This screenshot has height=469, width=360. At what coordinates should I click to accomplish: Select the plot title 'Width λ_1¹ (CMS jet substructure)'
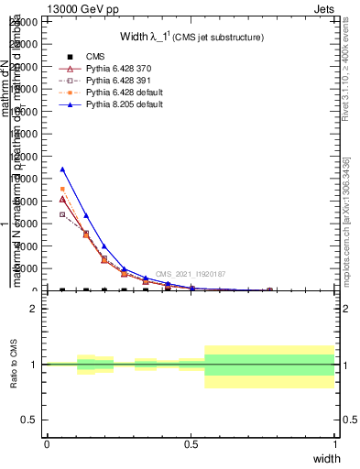pyautogui.click(x=192, y=38)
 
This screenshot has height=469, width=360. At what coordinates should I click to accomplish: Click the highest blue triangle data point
pyautogui.click(x=62, y=169)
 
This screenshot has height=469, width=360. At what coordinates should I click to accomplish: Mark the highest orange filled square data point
pyautogui.click(x=62, y=189)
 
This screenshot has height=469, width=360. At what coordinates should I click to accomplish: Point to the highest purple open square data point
pyautogui.click(x=62, y=214)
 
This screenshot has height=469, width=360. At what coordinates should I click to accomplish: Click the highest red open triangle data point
pyautogui.click(x=62, y=199)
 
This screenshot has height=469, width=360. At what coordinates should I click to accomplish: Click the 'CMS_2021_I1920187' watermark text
pyautogui.click(x=190, y=274)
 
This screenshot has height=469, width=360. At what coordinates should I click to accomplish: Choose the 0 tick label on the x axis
pyautogui.click(x=47, y=443)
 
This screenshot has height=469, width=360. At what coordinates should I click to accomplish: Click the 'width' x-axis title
pyautogui.click(x=326, y=457)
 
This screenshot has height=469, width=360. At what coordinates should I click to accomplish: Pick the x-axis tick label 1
pyautogui.click(x=334, y=443)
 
